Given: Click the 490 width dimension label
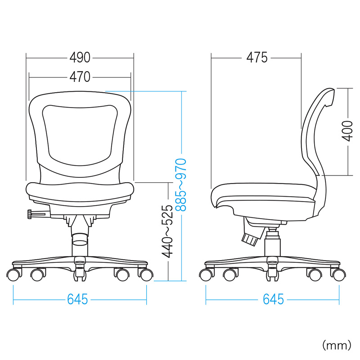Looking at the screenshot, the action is tap(80, 58).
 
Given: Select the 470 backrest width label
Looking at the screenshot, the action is tap(80, 77).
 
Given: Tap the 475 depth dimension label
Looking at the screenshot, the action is tap(257, 58).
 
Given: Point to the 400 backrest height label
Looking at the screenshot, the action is tap(347, 131).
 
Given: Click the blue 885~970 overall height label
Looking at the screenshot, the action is tap(181, 185).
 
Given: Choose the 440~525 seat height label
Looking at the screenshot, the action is tap(167, 231).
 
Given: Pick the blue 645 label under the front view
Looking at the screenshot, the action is tap(77, 299).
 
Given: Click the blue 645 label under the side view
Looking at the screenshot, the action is tap(273, 299).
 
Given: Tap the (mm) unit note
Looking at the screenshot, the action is tap(337, 345).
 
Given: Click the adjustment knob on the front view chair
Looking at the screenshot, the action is tap(30, 214).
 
